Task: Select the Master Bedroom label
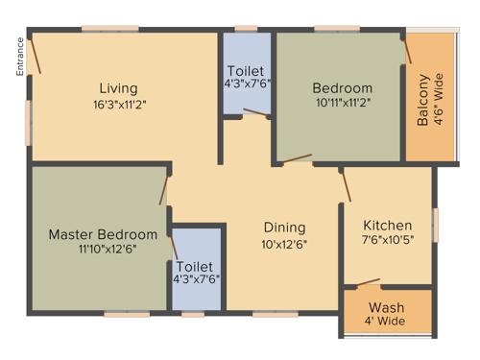[103, 234]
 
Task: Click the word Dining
[284, 228]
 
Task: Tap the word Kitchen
[387, 226]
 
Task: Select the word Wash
[387, 307]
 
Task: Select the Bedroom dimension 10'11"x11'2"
[342, 102]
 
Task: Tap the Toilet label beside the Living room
[247, 71]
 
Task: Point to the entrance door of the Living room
[35, 56]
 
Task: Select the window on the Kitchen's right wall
[435, 225]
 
